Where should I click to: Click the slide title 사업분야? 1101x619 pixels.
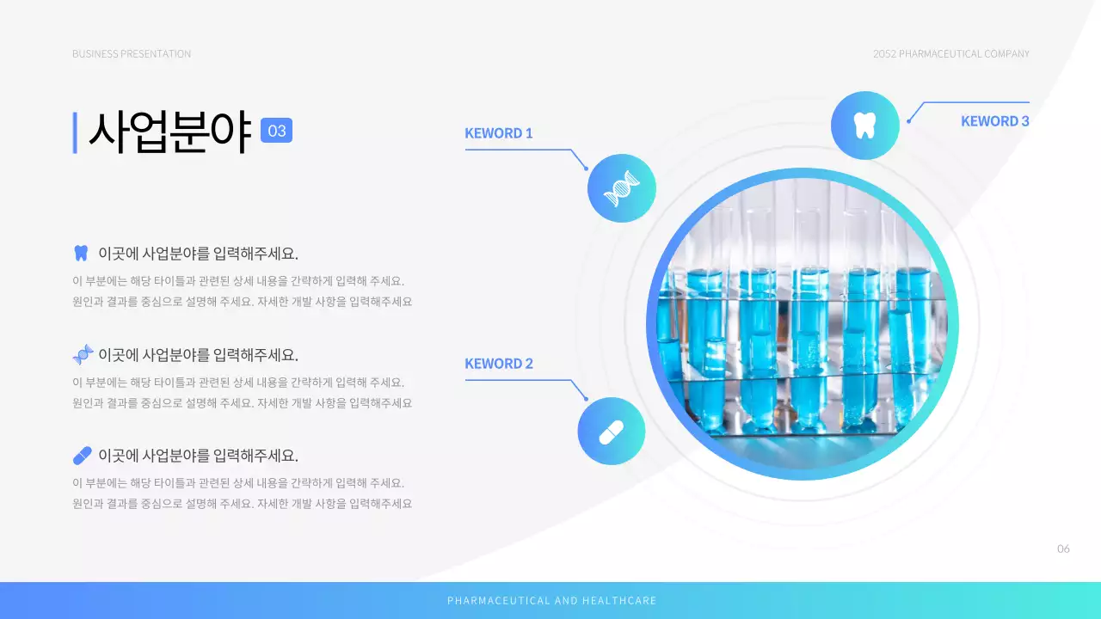[169, 132]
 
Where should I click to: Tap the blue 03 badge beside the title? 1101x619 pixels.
[276, 131]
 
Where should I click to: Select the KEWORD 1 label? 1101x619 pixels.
[499, 133]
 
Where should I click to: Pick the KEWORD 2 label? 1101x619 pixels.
[499, 364]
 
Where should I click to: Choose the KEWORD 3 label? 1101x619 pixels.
[994, 121]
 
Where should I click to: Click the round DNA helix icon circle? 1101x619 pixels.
[622, 188]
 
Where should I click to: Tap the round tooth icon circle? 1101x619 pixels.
[864, 126]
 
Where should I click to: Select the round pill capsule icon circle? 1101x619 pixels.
[611, 432]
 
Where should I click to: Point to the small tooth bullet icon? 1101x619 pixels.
[82, 253]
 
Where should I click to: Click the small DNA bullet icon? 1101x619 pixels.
[83, 354]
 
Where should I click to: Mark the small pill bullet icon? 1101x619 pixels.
[83, 455]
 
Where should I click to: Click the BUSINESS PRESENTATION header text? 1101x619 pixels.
[132, 54]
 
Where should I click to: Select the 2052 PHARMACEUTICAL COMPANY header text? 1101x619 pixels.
[950, 54]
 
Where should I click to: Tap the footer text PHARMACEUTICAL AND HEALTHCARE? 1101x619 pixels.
[551, 601]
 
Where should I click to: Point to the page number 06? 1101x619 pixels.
[1063, 549]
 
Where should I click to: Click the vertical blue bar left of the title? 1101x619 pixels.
[75, 132]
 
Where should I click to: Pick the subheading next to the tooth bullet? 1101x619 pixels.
[198, 254]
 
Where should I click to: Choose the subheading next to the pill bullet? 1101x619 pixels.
[198, 456]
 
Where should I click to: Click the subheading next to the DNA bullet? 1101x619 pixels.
[198, 354]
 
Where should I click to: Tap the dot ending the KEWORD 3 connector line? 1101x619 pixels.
[908, 121]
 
